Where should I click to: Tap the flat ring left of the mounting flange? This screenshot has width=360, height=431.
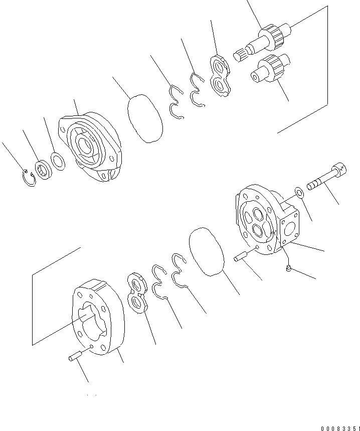tap(58, 161)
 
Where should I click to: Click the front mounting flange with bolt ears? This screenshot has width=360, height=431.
tap(90, 147)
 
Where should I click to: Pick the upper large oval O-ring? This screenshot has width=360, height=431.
tap(145, 118)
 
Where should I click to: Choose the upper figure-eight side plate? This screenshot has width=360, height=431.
tap(220, 76)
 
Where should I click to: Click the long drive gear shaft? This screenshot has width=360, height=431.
tap(263, 42)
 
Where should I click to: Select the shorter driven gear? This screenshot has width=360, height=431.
tap(270, 68)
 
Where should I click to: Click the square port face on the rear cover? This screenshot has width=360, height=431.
tap(290, 229)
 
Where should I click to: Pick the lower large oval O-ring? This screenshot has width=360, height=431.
tap(207, 251)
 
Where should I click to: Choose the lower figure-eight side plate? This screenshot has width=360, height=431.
tap(138, 293)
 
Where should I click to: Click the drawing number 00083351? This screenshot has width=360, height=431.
tap(340, 428)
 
